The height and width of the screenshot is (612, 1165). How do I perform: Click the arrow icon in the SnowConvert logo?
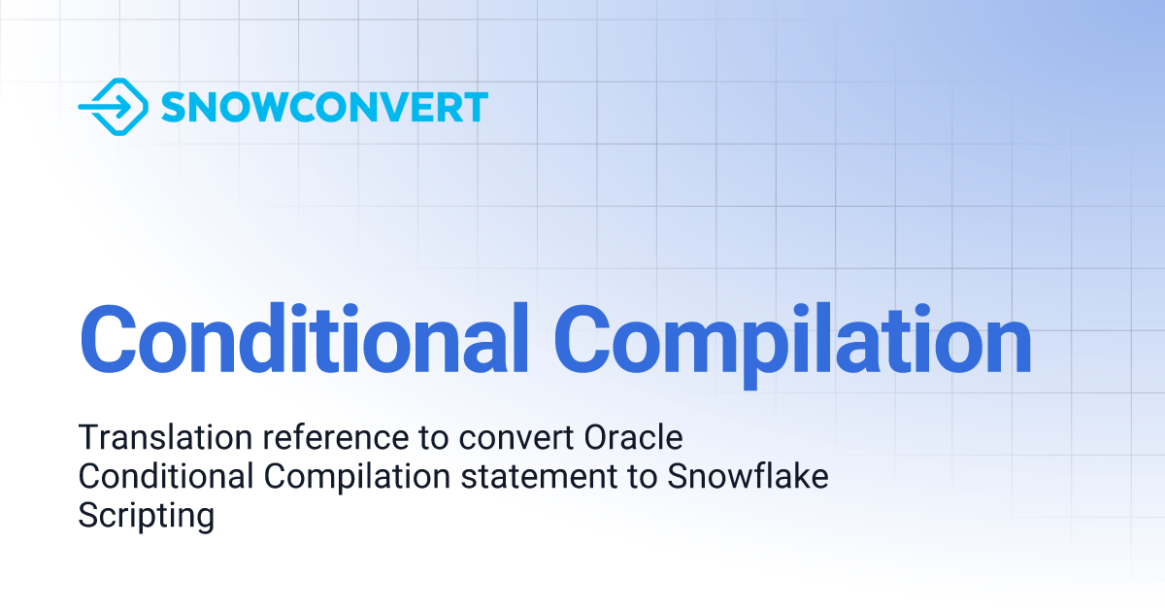click(x=113, y=106)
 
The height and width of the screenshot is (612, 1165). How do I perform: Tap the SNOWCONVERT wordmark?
click(x=323, y=107)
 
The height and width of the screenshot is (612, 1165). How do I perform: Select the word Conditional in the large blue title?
click(x=304, y=340)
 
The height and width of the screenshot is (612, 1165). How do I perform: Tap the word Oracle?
click(x=634, y=438)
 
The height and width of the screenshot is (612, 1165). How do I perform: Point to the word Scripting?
click(x=146, y=517)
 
